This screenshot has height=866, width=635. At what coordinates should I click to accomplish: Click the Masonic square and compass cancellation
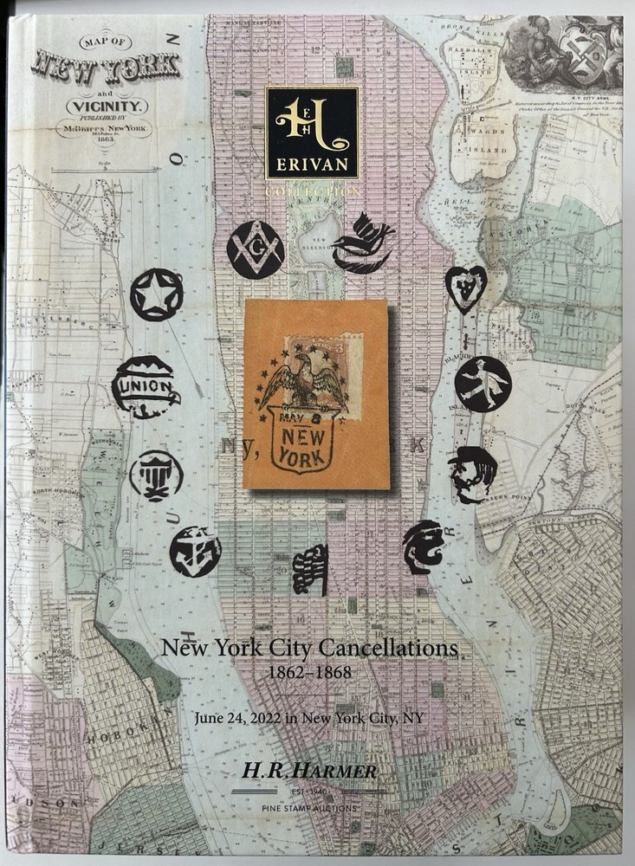(255, 249)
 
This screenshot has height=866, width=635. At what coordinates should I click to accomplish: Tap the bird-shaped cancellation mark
(363, 243)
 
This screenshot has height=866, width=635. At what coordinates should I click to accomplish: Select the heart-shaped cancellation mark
(465, 288)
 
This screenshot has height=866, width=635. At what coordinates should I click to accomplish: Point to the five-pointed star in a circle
(157, 294)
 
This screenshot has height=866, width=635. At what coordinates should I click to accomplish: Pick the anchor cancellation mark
(194, 551)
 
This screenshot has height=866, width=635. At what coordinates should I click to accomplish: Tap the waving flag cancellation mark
(311, 569)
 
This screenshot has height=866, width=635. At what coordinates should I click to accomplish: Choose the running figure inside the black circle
(483, 384)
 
